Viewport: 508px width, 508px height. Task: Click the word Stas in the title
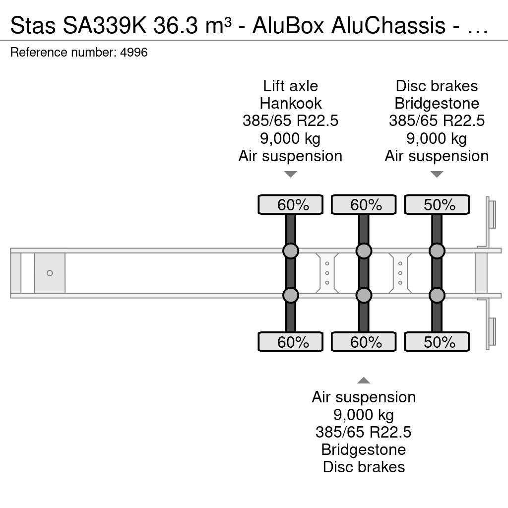33,26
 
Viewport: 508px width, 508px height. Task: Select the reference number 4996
134,52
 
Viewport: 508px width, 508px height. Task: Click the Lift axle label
290,86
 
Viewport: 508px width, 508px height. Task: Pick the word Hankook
290,104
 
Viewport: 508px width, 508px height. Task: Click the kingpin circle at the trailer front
50,273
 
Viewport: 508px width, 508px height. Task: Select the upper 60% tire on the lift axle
290,204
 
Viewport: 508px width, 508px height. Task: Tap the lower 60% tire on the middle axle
364,342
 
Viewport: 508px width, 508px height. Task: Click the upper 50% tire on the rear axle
437,204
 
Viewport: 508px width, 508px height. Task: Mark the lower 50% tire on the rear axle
437,342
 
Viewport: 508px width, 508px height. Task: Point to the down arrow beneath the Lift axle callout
290,175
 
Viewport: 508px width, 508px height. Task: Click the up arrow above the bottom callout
364,381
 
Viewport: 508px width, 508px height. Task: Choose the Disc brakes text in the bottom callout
364,467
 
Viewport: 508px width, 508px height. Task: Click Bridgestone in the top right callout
437,104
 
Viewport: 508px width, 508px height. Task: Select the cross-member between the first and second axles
327,273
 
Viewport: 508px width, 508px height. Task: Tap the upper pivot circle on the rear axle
437,251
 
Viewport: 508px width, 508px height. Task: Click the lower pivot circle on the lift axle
290,295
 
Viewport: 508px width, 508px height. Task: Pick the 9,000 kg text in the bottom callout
364,415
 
